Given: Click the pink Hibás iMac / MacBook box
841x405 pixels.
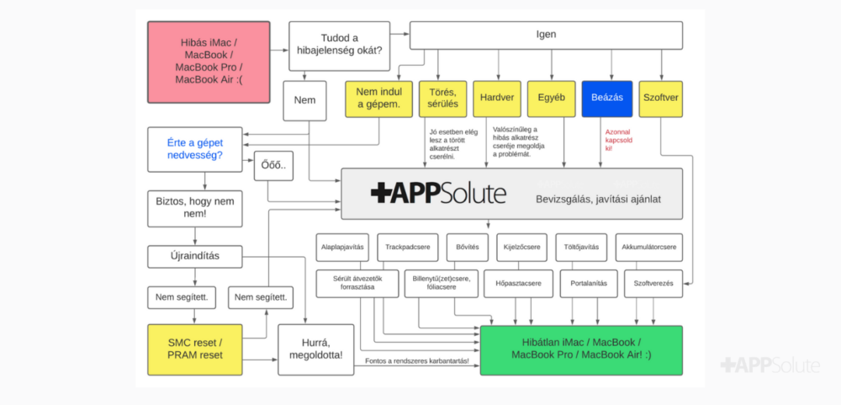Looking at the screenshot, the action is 209,62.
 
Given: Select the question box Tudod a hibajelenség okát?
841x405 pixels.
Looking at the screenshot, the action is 339,46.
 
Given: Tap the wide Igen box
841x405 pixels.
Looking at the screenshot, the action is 546,35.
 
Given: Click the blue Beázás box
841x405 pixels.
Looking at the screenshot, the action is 607,99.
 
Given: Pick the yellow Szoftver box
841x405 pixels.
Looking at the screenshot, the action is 661,99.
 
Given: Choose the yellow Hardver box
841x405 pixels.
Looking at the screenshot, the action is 498,99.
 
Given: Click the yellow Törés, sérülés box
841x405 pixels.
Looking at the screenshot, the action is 443,99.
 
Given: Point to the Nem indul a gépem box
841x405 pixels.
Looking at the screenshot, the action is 379,99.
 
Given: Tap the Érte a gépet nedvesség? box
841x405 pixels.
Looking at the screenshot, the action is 195,149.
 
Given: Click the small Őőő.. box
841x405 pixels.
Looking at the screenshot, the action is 274,166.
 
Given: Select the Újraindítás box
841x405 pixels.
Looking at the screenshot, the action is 195,257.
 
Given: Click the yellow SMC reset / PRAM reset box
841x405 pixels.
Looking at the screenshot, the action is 195,349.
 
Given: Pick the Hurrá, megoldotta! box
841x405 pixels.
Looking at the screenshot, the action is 316,349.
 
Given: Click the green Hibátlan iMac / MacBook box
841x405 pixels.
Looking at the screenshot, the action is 581,349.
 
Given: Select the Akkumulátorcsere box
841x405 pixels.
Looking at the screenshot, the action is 649,248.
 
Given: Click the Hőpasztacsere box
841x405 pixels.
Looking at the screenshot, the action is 518,284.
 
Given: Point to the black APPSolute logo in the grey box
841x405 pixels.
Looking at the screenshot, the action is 438,194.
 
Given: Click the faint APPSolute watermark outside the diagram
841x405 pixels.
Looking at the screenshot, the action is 770,365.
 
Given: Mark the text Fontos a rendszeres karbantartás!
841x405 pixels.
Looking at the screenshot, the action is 417,361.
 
